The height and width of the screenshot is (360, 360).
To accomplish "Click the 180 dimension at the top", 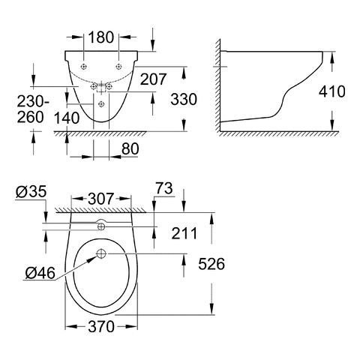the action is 101,37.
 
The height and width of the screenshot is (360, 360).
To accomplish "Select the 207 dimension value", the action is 153,79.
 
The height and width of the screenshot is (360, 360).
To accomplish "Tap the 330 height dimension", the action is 184,99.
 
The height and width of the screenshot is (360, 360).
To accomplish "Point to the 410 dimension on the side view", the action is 332,91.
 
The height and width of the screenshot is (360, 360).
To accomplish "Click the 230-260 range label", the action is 32,109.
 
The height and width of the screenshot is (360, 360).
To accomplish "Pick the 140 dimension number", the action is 67,118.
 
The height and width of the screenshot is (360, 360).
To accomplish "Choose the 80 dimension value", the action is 130,149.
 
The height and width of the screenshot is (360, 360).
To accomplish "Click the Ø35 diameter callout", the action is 31,192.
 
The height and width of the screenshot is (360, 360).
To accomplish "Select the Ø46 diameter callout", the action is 40,273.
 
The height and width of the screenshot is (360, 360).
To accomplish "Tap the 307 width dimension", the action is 101,199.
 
